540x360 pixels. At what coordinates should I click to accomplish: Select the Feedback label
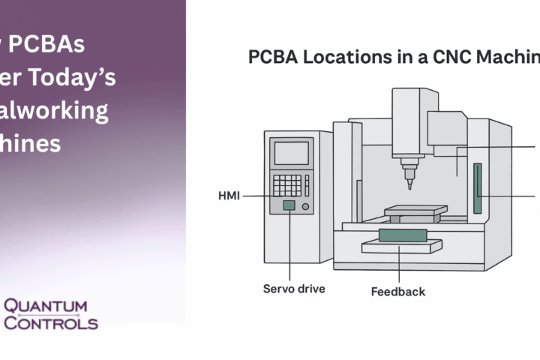(x=398, y=292)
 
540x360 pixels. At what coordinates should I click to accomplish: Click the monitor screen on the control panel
(x=291, y=153)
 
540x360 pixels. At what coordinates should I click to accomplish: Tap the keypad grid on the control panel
(x=286, y=185)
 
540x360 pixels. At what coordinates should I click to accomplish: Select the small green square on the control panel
(x=288, y=205)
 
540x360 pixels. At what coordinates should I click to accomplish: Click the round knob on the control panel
(x=306, y=205)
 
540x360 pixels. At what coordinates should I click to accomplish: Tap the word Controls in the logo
(x=51, y=323)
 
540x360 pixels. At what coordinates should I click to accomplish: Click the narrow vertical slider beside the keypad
(x=307, y=185)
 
